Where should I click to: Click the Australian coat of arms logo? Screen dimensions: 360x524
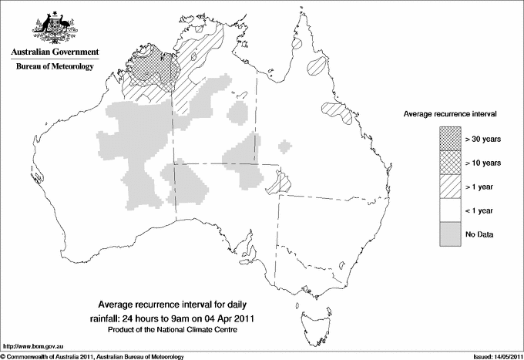[x=54, y=28]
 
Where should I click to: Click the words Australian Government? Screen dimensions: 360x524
[x=54, y=52]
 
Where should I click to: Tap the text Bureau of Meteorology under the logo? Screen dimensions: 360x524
[x=54, y=67]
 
